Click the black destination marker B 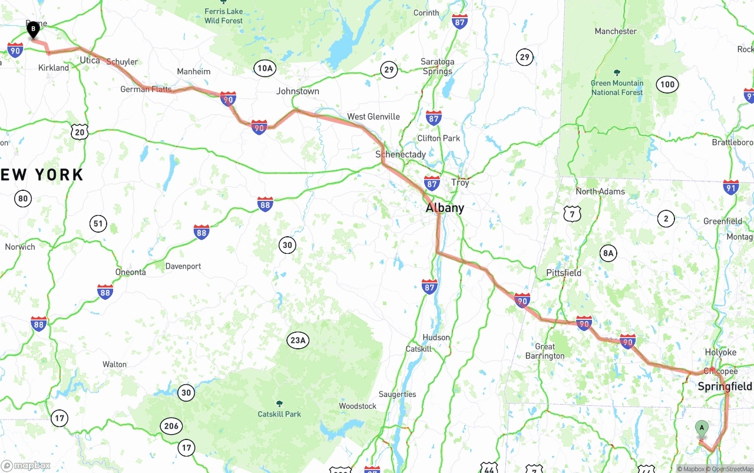click(x=34, y=29)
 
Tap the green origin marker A click(x=702, y=428)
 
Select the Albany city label click(x=445, y=208)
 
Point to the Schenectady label click(x=401, y=154)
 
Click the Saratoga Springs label click(x=437, y=67)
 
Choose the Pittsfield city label click(x=564, y=273)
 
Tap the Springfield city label click(x=725, y=386)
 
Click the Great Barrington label click(x=545, y=351)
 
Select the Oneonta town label click(x=130, y=272)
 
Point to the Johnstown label click(x=297, y=91)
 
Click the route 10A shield click(x=265, y=68)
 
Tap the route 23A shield click(x=298, y=340)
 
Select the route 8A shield click(x=608, y=254)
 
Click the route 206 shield click(x=171, y=426)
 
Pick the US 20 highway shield click(x=80, y=132)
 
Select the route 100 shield click(x=667, y=84)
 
